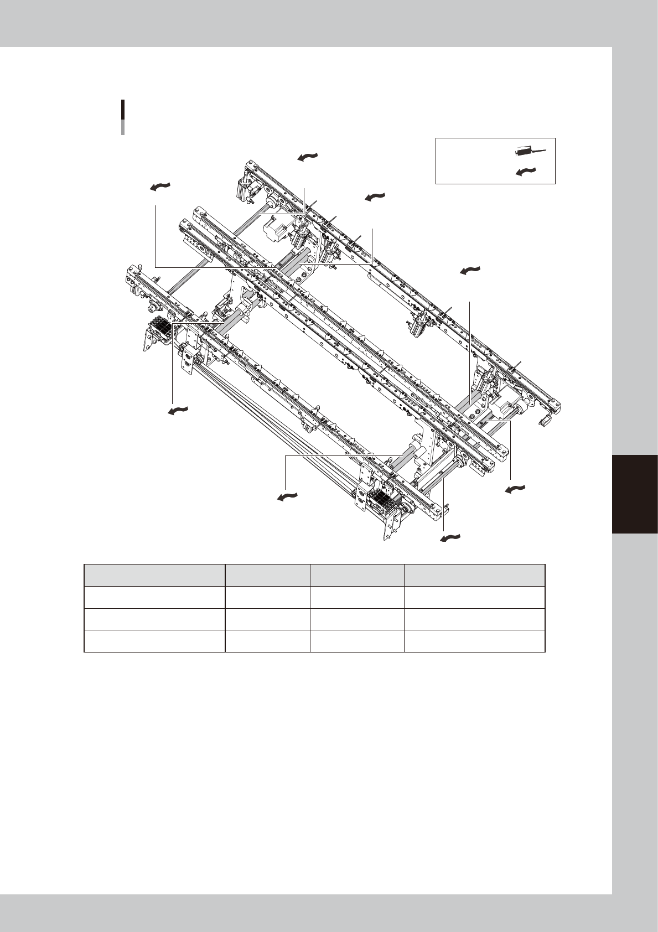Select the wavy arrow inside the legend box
[x=526, y=171]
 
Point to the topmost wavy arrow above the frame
[x=308, y=157]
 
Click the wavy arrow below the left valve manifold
[x=178, y=411]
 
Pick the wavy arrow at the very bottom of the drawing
[x=450, y=537]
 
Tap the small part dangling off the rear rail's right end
[x=545, y=421]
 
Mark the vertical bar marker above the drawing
[x=122, y=117]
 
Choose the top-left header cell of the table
[x=154, y=575]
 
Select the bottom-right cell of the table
[x=474, y=641]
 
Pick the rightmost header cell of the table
[x=474, y=575]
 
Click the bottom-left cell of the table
[x=154, y=641]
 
